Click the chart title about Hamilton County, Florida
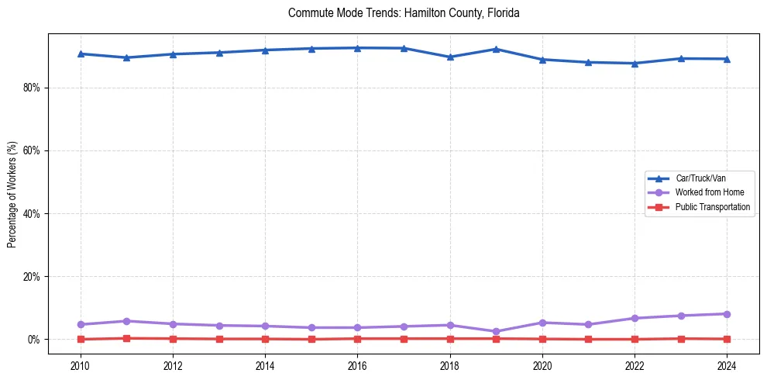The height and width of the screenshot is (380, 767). point(403,13)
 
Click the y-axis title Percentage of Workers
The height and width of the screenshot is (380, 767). point(12,194)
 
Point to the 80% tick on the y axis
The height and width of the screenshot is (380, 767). point(31,88)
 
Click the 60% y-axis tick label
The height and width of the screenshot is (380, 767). point(31,150)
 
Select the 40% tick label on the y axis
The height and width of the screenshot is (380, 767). point(31,213)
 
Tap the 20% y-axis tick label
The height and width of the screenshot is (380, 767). point(31,277)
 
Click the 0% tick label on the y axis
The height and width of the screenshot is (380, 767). point(33,340)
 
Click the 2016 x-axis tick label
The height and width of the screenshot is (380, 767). point(357,364)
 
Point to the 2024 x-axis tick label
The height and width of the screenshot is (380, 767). point(727,364)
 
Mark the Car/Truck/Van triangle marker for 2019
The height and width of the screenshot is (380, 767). point(496,49)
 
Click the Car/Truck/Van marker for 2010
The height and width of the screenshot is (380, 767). point(81,54)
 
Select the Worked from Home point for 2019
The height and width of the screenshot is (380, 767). point(496,331)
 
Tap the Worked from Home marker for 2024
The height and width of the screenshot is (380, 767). point(727,314)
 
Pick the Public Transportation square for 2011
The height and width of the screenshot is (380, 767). point(127,338)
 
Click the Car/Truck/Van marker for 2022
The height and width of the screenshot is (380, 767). point(635,64)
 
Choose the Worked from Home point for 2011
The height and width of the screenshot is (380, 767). point(127,321)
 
